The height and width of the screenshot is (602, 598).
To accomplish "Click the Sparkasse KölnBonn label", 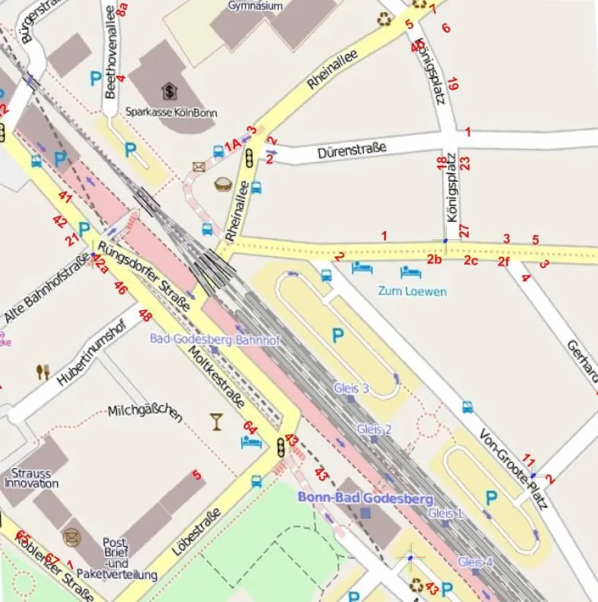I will pos(171,112).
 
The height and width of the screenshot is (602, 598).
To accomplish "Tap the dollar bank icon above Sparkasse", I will pos(169,90).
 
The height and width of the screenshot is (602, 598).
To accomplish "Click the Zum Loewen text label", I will pos(412,292).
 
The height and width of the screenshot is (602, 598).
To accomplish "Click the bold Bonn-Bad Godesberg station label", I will pos(365,498).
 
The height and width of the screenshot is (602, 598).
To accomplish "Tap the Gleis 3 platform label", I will pos(351,388).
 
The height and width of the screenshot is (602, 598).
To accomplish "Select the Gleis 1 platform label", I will pos(445,513).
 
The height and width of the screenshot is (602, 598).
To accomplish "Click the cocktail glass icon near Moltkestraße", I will pos(216,421).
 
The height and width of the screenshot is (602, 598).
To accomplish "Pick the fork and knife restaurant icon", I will pos(42,372).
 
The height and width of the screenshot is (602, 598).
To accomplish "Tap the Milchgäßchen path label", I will pos(145,413).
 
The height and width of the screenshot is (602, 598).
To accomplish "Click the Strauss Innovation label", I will pos(31,478).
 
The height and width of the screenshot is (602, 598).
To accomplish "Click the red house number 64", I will pos(250,427).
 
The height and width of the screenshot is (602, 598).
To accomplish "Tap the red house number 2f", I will pos(504,262).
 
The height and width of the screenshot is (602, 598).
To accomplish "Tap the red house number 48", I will pos(145,314).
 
